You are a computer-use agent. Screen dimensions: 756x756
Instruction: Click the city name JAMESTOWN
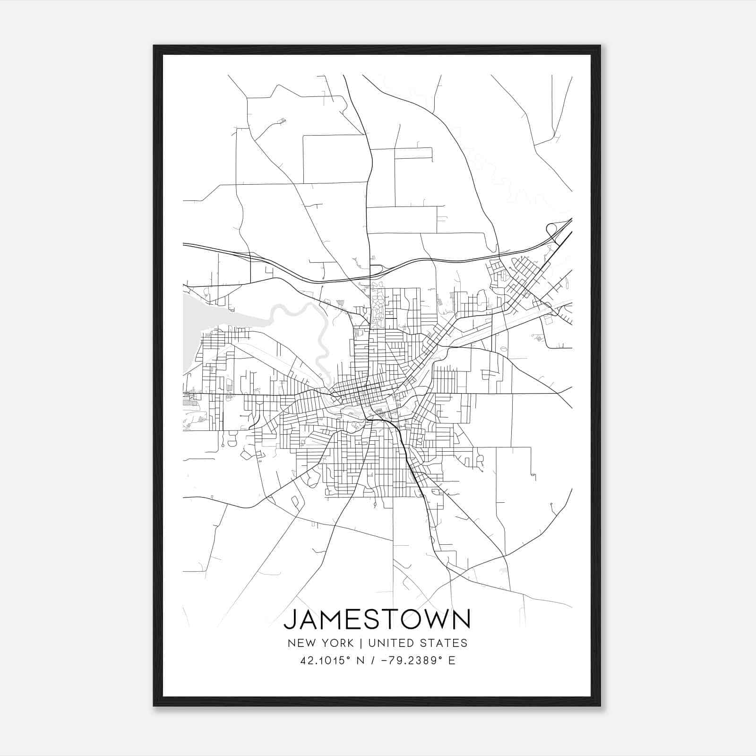pos(377,619)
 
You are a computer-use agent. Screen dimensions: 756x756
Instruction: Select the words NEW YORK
pos(320,643)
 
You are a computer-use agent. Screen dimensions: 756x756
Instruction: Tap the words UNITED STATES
pos(418,643)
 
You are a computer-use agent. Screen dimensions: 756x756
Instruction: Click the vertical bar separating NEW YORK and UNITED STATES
pos(361,643)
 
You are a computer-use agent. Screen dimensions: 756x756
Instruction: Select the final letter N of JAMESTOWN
pos(461,619)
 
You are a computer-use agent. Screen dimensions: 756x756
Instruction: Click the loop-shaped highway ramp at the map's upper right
pos(550,229)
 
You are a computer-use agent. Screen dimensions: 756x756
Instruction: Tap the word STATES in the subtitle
pos(446,643)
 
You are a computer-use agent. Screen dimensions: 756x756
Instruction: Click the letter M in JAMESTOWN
pos(333,619)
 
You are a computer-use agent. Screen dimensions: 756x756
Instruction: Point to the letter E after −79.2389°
pos(452,661)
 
